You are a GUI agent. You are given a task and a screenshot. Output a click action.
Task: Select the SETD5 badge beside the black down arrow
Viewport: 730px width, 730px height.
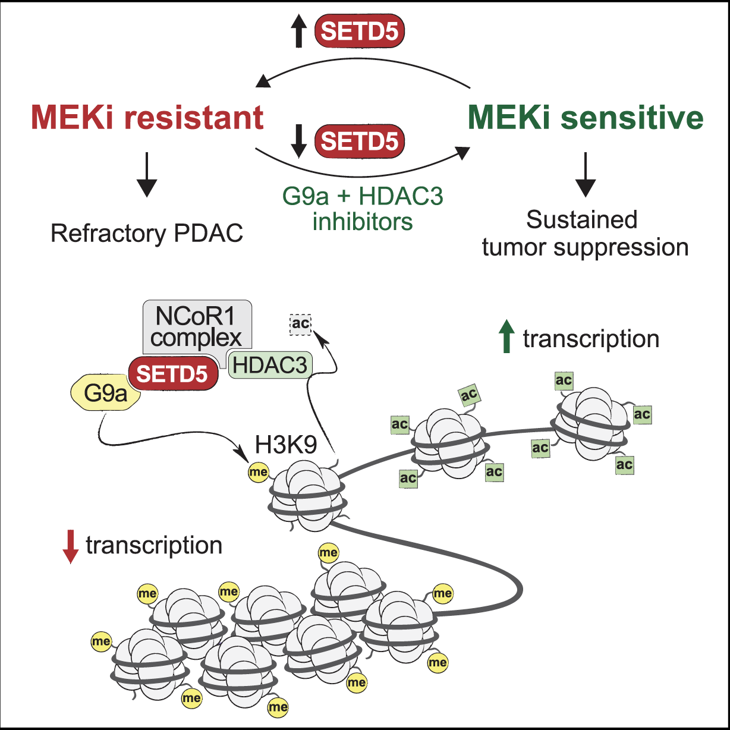pyautogui.click(x=359, y=142)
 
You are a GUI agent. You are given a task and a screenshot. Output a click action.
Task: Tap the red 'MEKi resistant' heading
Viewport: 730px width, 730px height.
pyautogui.click(x=147, y=117)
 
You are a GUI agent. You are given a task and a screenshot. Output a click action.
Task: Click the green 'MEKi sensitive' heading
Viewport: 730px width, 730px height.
pyautogui.click(x=586, y=117)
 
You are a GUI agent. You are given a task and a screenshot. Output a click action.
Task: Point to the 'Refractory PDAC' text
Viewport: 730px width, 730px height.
pyautogui.click(x=147, y=233)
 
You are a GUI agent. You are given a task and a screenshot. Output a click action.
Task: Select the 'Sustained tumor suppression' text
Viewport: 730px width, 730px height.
pyautogui.click(x=585, y=233)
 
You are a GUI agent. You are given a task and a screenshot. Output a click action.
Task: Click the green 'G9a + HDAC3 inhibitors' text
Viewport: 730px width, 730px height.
pyautogui.click(x=363, y=208)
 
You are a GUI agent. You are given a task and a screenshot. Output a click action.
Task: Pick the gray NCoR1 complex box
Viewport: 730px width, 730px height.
pyautogui.click(x=197, y=326)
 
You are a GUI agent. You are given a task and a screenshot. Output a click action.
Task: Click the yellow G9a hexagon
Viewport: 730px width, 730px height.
pyautogui.click(x=106, y=393)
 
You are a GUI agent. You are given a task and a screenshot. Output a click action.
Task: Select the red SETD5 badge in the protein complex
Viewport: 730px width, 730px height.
pyautogui.click(x=172, y=373)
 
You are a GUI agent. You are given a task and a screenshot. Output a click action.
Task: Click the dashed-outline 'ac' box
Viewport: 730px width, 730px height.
pyautogui.click(x=300, y=324)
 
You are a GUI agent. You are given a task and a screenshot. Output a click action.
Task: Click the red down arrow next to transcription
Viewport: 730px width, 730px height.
pyautogui.click(x=71, y=546)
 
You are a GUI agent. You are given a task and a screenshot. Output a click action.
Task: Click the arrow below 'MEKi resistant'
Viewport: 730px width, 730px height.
pyautogui.click(x=147, y=175)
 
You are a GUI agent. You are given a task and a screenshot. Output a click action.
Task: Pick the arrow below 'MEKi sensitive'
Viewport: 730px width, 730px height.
pyautogui.click(x=586, y=175)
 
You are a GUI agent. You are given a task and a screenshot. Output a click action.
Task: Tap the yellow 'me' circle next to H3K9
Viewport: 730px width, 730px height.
pyautogui.click(x=258, y=472)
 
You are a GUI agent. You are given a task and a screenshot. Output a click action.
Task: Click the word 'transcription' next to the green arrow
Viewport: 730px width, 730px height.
pyautogui.click(x=591, y=339)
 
